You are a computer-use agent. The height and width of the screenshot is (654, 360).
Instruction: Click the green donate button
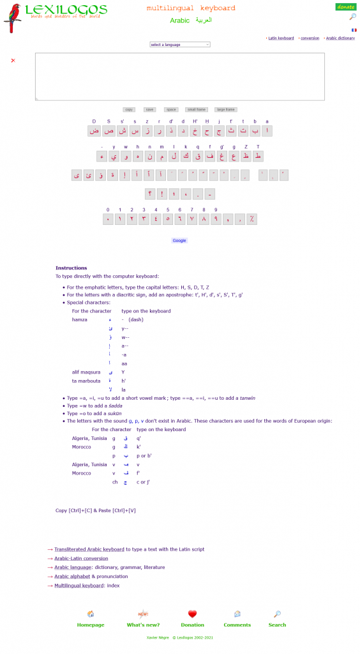coord(345,7)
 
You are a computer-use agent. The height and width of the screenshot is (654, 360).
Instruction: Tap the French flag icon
coord(354,30)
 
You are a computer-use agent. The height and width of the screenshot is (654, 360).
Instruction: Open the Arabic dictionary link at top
coord(340,38)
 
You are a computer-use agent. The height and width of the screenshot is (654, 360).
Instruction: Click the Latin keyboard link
coord(281,38)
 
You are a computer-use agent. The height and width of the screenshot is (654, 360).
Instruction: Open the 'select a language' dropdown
coord(180,45)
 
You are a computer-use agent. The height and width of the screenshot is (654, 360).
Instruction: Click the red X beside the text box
coord(13,61)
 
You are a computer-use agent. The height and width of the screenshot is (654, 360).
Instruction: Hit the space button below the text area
coord(170,110)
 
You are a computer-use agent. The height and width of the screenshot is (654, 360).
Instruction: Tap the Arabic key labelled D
coord(94,131)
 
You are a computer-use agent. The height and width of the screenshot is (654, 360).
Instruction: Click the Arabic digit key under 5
coord(168,219)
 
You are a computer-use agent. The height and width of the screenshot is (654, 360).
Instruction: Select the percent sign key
coord(252,219)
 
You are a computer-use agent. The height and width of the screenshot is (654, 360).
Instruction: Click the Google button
coord(179,241)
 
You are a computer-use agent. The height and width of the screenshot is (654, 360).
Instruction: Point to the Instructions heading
coord(71,268)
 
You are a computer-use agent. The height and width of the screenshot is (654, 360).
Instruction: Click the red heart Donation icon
coord(192,614)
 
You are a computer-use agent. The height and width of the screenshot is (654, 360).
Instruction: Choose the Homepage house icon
coord(91,614)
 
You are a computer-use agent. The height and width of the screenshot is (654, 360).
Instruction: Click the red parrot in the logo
coord(13,17)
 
